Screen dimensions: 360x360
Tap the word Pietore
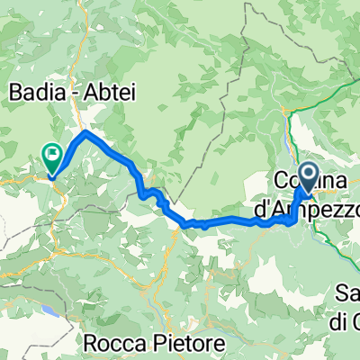tap(188, 343)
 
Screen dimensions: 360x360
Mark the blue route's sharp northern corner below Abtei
tap(85, 132)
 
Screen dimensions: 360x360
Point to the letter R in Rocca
tap(94, 343)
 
